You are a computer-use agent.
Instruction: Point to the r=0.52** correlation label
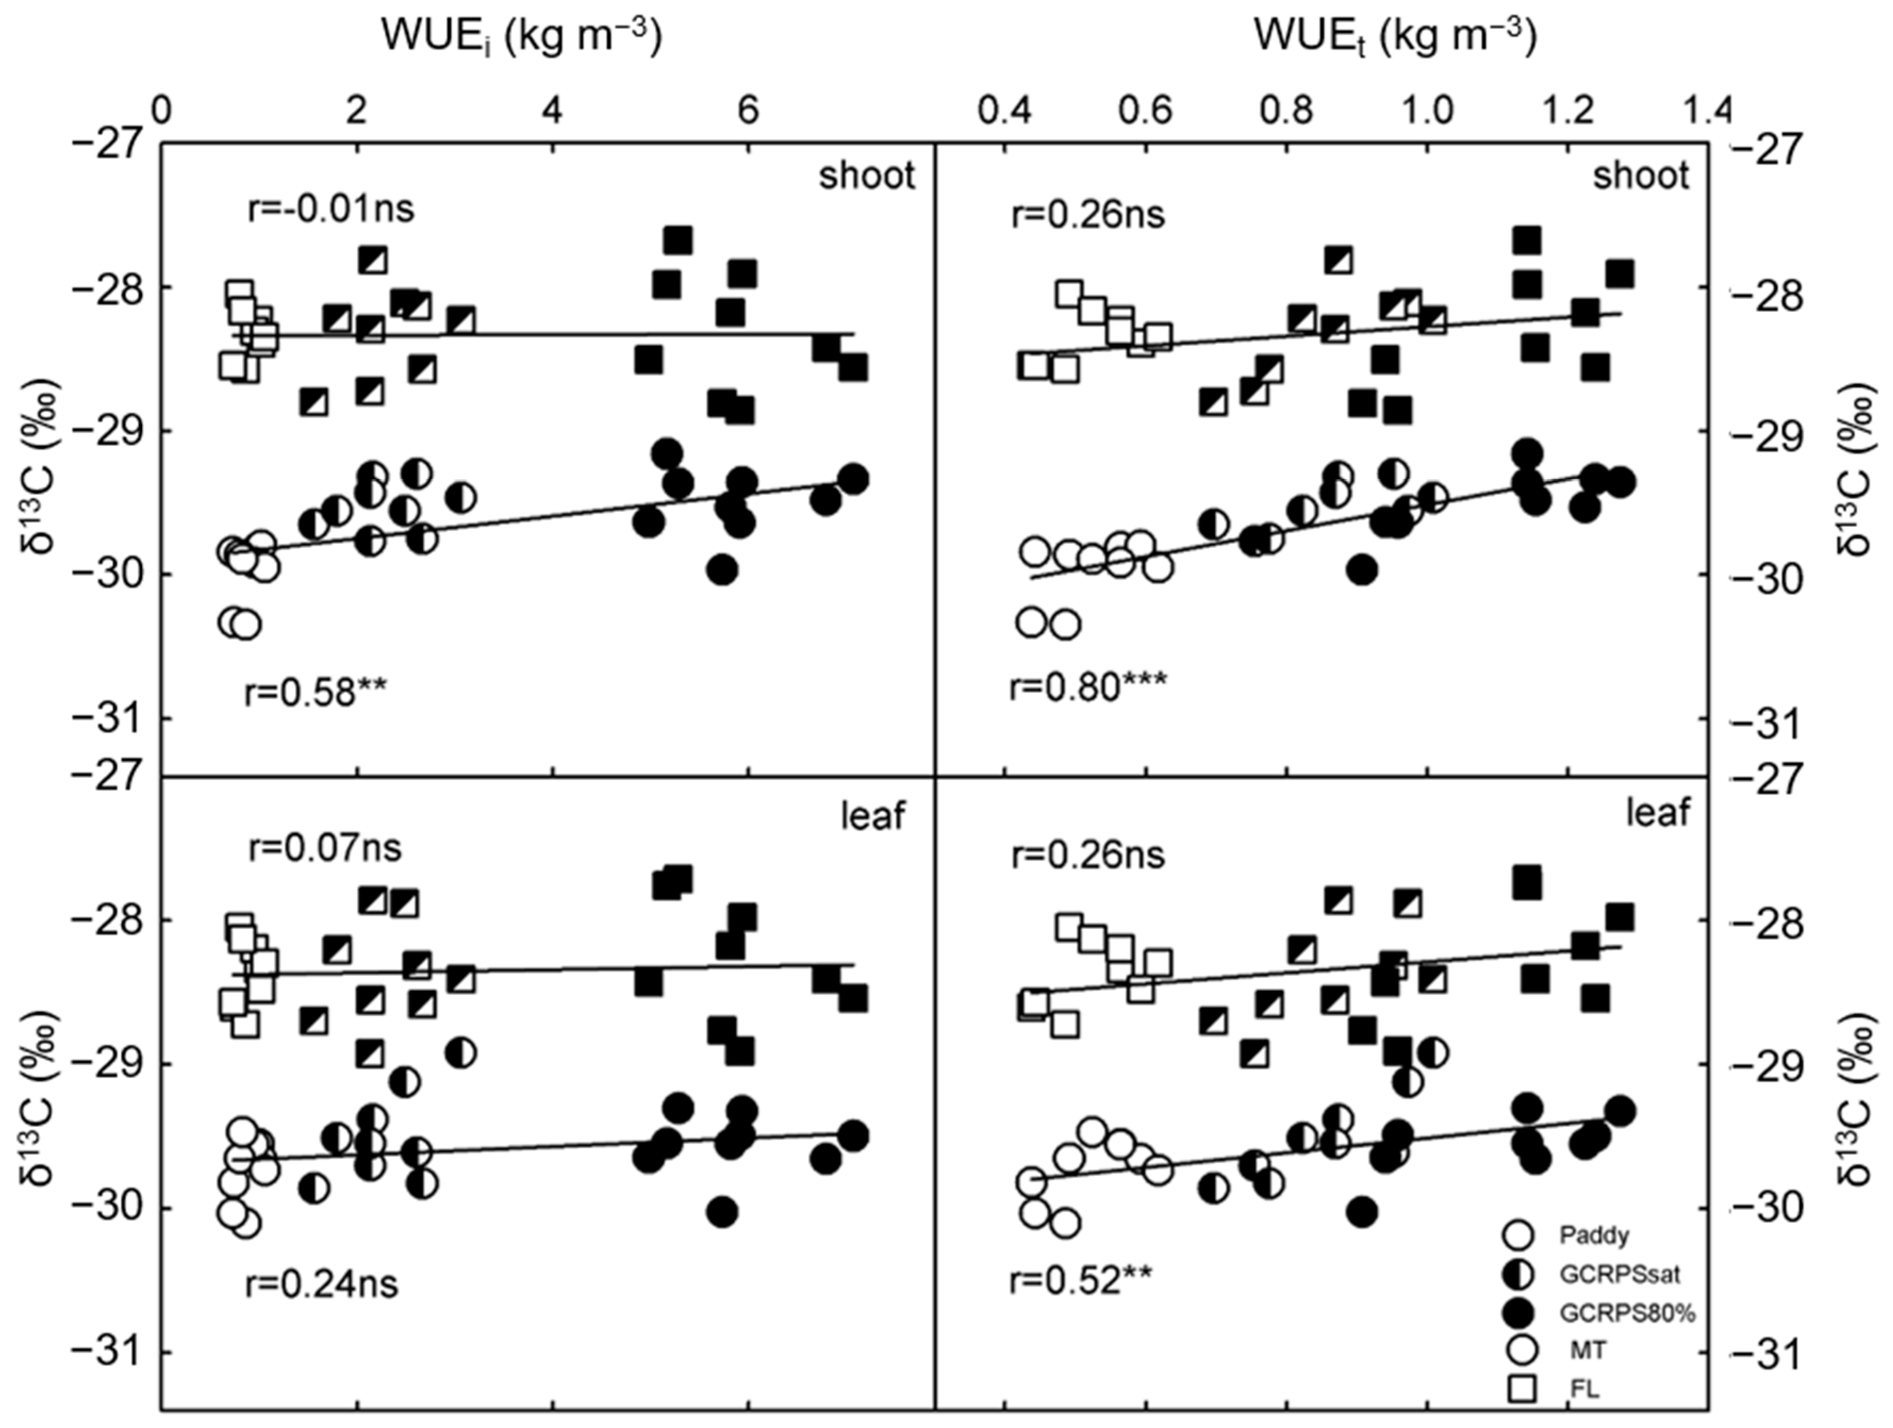1081,1280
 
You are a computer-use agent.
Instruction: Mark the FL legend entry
1584,1390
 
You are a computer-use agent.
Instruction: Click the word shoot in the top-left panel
866,176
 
